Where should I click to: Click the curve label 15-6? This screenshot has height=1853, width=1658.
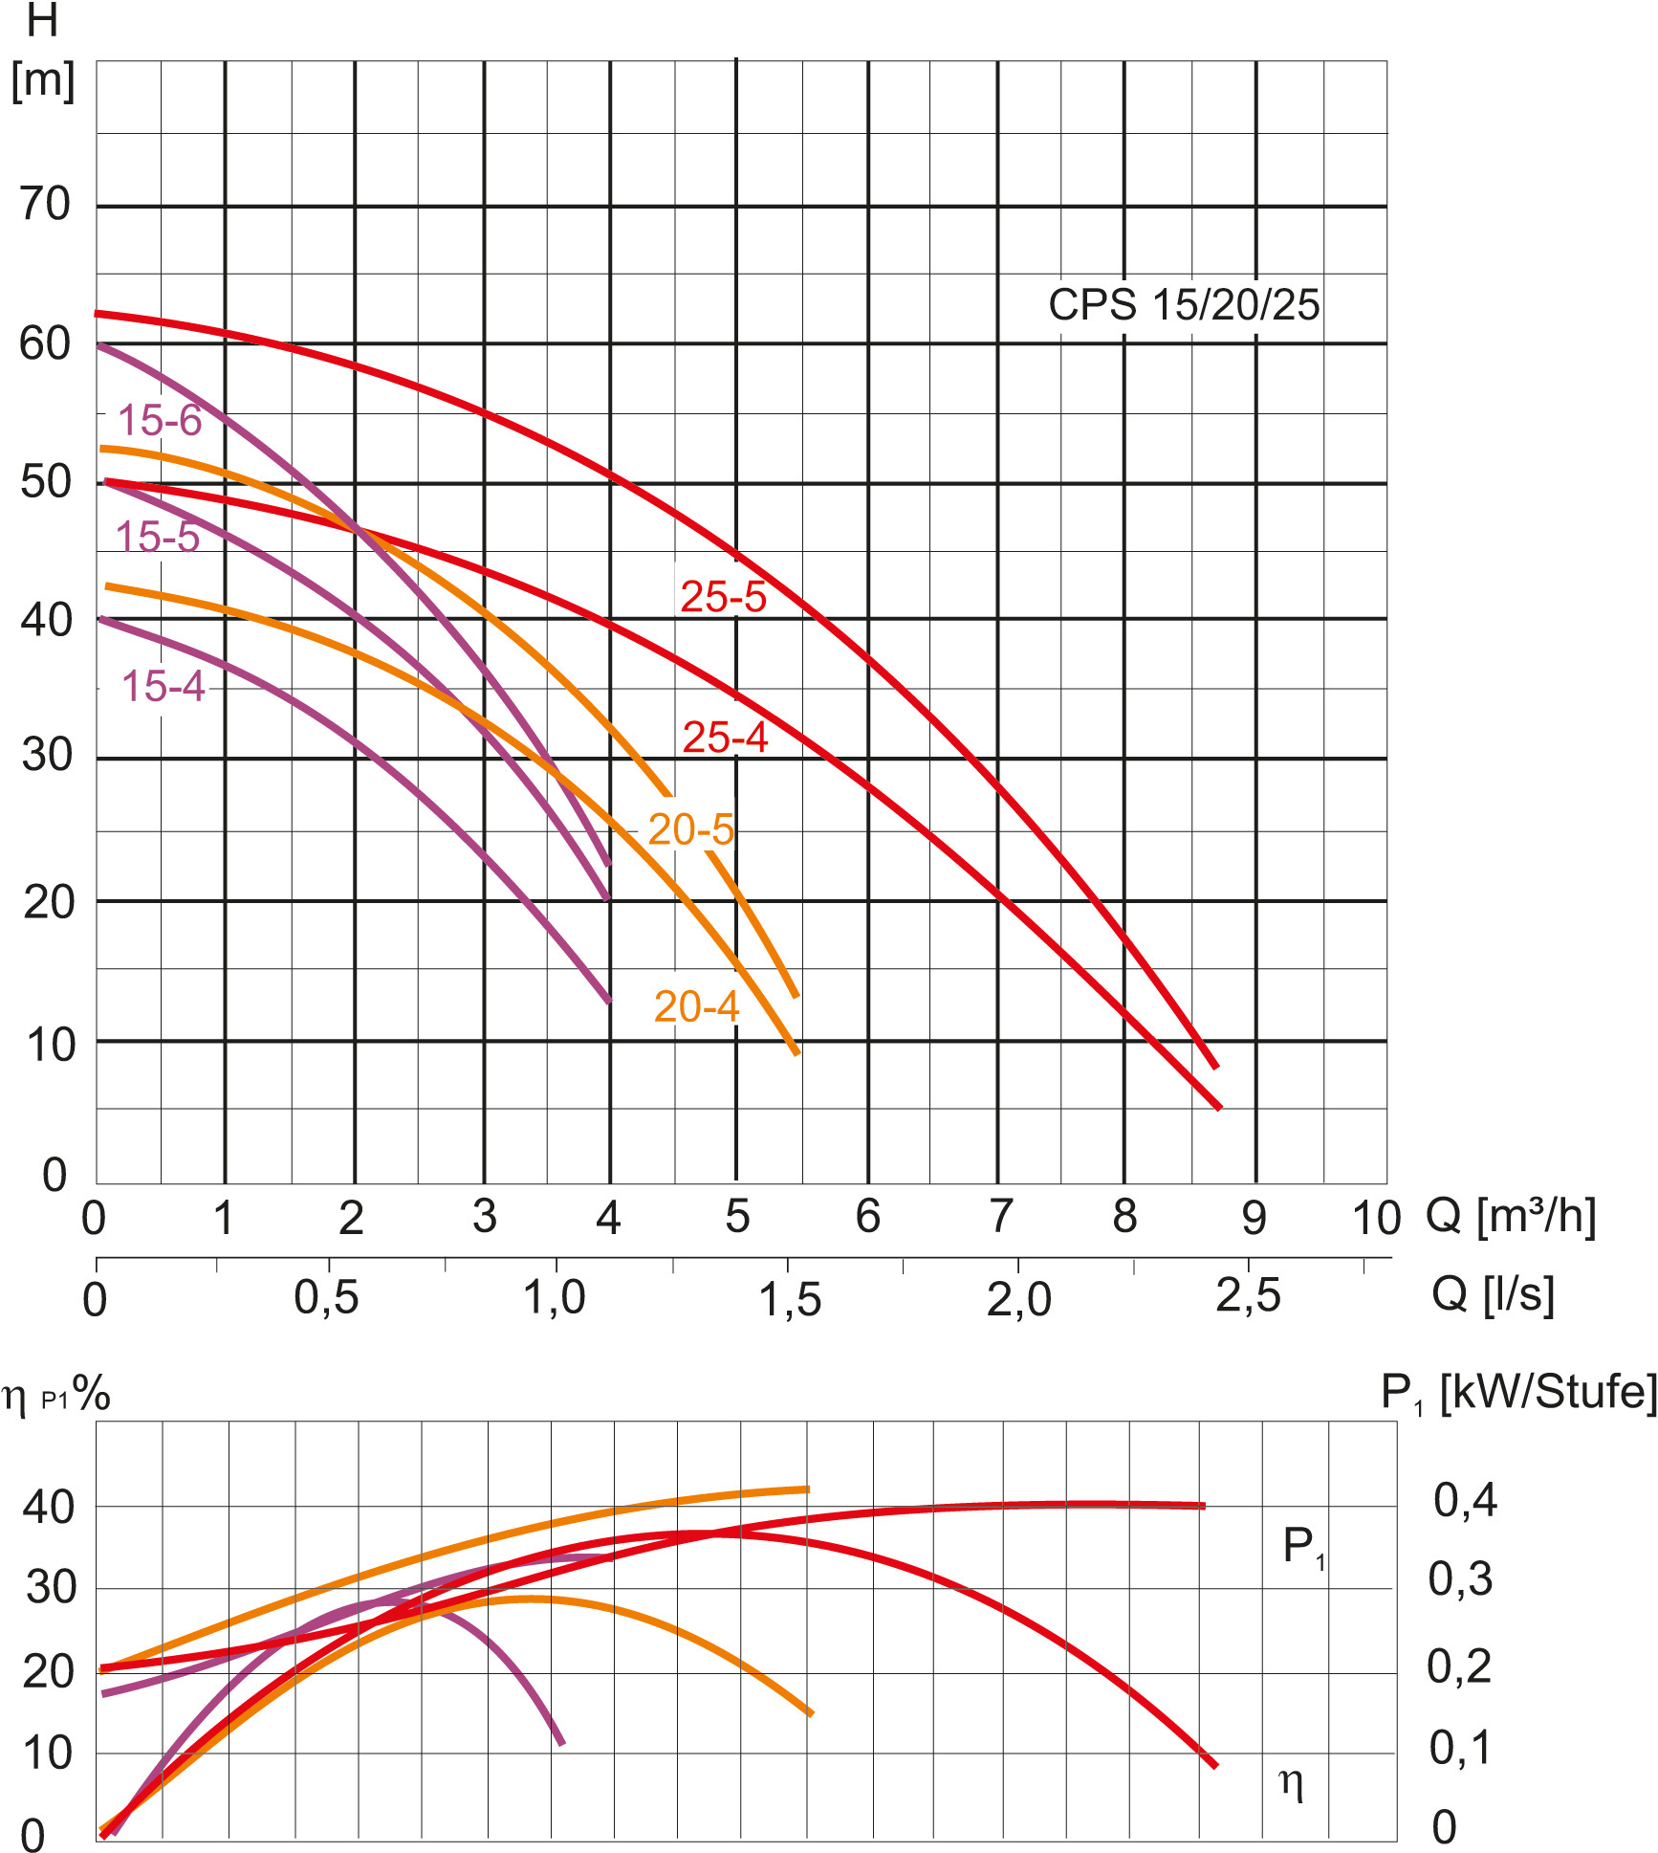point(160,421)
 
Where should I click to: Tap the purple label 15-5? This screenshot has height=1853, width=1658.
point(158,537)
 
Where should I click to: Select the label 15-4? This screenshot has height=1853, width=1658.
point(164,686)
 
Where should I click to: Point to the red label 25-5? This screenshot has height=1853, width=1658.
point(723,597)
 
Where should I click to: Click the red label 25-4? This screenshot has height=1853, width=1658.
point(725,738)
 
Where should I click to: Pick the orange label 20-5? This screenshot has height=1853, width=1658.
point(690,829)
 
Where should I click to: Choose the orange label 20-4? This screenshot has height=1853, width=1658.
point(696,1006)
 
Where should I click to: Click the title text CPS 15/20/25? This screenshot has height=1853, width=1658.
point(1184,305)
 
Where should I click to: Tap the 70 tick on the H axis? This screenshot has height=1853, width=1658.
point(45,204)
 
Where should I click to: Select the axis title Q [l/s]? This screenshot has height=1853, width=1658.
point(1493,1294)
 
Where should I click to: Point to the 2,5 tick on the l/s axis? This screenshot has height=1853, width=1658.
point(1248,1297)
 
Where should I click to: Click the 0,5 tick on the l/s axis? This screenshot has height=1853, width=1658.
point(326,1298)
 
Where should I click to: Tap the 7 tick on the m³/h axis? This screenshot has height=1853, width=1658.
point(1000,1217)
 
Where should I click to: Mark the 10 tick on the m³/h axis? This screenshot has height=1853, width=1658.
point(1375,1219)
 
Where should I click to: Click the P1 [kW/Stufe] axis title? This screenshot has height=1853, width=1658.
point(1518,1393)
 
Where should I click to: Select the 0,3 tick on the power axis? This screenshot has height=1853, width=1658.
point(1459,1579)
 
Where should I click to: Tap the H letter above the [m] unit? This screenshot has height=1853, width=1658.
point(42,21)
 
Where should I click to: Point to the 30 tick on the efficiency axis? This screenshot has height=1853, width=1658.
point(51,1588)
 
